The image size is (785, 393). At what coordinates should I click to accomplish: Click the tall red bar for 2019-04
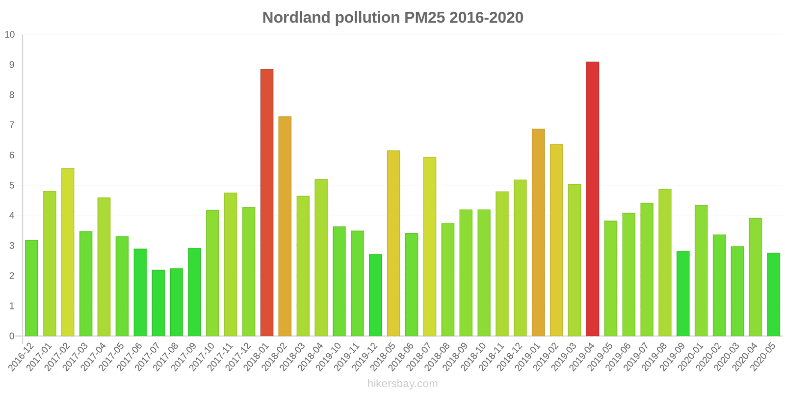tap(592, 199)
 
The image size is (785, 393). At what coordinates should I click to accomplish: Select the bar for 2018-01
tap(267, 202)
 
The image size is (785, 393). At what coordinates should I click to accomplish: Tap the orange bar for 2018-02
tap(285, 226)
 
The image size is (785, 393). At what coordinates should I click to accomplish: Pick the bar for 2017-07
tap(158, 303)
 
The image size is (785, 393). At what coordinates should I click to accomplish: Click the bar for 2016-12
tap(31, 288)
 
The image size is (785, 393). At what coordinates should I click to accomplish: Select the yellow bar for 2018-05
tap(393, 243)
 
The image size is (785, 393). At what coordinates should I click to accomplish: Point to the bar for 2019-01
tap(538, 232)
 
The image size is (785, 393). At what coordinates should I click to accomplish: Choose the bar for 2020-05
tap(773, 294)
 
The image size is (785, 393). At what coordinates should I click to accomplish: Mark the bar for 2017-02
tap(68, 252)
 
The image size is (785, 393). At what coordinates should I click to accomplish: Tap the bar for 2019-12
tap(375, 295)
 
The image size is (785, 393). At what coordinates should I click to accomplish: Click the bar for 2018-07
tap(430, 247)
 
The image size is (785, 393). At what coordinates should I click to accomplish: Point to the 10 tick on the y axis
tap(10, 35)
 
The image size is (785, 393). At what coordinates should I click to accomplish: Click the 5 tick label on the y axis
tap(12, 186)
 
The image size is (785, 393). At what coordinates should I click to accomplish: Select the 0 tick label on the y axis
tap(12, 337)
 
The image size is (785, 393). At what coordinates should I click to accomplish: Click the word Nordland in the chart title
tap(296, 18)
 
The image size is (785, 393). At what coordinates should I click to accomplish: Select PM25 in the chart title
tap(424, 18)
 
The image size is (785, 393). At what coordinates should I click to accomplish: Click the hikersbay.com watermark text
tap(402, 384)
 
